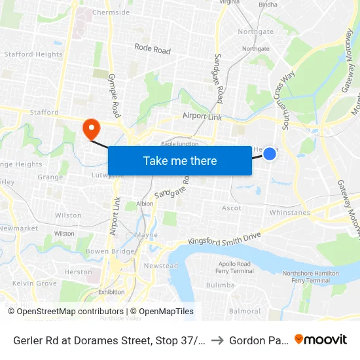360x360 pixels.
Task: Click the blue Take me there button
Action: (180, 160)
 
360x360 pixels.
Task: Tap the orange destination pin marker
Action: (90, 128)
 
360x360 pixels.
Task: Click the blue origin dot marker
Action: (269, 153)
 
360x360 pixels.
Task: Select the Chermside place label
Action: (111, 12)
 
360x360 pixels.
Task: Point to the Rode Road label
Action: (153, 49)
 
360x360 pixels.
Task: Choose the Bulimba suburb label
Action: (220, 285)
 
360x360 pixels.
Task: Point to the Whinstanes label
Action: (290, 213)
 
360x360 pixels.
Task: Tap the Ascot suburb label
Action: (232, 208)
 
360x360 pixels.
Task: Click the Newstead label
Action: (161, 266)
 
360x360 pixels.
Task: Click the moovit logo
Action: (321, 339)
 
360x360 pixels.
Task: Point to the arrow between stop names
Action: (217, 340)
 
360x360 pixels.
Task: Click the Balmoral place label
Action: (245, 312)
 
